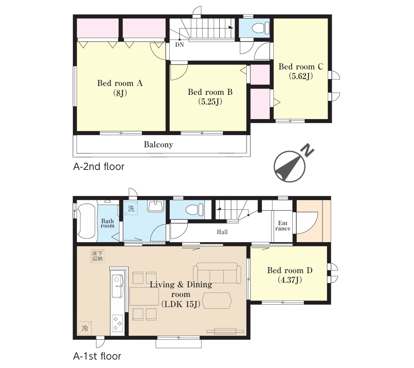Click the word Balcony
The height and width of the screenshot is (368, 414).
[x=158, y=144]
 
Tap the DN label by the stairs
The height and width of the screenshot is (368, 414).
[x=179, y=45]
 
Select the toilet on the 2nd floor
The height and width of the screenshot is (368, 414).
[x=260, y=28]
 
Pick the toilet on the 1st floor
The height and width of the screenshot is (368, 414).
[x=195, y=210]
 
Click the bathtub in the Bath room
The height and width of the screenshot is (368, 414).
[x=86, y=221]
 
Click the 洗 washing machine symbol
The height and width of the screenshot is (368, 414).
[x=131, y=208]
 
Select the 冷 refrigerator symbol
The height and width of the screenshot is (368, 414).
[x=85, y=328]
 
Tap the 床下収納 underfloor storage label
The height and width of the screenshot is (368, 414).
[x=98, y=256]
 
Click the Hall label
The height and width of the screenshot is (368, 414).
[x=222, y=232]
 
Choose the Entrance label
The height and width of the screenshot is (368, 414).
[x=283, y=226]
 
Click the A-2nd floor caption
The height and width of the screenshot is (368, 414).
[x=99, y=167]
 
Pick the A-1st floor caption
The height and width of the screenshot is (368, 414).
[x=97, y=356]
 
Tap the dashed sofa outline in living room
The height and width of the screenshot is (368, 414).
[x=217, y=273]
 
